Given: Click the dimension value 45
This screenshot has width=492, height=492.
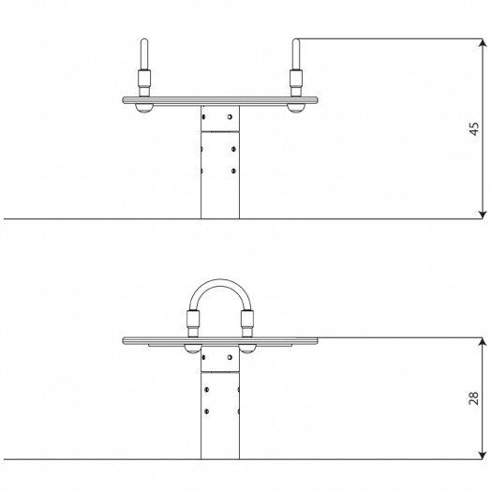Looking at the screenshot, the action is tap(474, 128).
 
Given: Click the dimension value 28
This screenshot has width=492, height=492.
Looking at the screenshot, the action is tap(474, 398).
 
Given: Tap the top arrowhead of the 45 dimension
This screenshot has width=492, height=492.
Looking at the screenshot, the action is tap(483, 43).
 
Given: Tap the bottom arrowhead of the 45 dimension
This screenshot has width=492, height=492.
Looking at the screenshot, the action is tap(483, 215).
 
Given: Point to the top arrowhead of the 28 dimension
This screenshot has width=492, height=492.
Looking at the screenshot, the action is tap(483, 342).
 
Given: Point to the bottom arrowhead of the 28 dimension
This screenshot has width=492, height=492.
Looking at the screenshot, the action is tap(483, 455).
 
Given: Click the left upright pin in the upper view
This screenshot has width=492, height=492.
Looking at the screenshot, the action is tap(144, 54).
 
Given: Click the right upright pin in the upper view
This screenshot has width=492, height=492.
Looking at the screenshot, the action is tap(296, 54).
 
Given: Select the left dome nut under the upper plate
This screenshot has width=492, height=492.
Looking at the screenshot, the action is tap(144, 108).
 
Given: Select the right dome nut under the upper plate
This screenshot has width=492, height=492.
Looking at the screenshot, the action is tap(296, 108).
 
